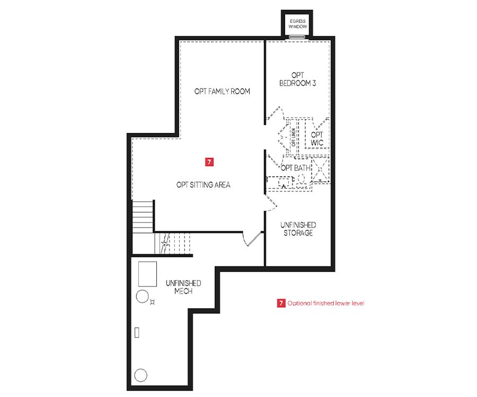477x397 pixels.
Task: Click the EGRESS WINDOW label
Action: (297, 24)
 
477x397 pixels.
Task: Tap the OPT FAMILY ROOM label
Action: (222, 91)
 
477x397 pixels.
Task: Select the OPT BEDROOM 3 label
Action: (297, 79)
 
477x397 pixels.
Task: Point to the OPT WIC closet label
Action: (317, 138)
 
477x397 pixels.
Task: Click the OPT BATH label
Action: (296, 168)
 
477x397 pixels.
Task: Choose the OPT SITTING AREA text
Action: (203, 185)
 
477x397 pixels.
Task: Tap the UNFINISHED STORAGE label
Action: (298, 229)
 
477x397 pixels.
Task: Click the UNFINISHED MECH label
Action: (183, 287)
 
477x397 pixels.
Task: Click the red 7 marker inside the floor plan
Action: (209, 162)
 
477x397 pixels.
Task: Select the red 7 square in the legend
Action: (281, 303)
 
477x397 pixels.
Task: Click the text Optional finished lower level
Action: (326, 303)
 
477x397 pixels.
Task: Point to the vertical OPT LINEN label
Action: (294, 137)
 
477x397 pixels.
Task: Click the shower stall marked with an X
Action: (320, 169)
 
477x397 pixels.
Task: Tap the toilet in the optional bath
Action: (301, 181)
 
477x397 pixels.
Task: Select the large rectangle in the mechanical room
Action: (147, 274)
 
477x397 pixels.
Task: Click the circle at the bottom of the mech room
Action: (140, 375)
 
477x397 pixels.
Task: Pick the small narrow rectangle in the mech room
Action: (137, 333)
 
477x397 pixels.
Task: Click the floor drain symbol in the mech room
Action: (153, 302)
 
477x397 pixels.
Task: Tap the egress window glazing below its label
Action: (297, 37)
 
